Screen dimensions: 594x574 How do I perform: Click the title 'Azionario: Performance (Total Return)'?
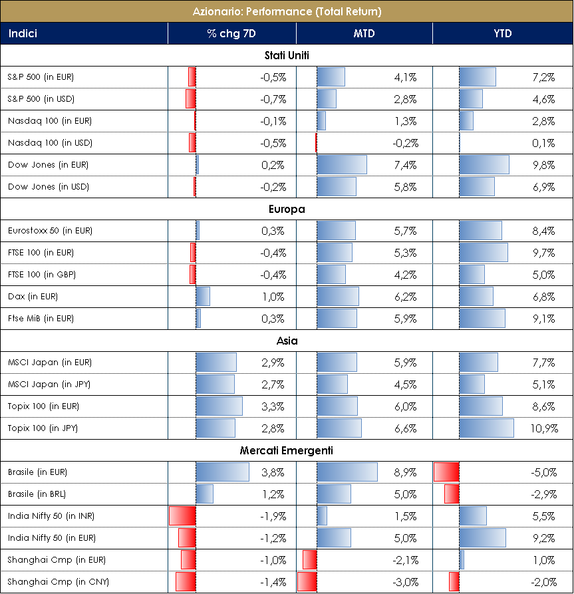point(287,11)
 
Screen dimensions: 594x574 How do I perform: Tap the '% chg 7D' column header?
point(231,33)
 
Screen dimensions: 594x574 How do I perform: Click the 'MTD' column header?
point(364,33)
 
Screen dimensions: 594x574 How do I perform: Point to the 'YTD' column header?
point(503,33)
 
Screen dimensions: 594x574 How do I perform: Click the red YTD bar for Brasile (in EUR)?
point(446,472)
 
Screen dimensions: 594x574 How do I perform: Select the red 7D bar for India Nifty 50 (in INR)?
point(182,516)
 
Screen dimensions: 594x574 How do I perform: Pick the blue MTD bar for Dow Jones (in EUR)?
point(342,165)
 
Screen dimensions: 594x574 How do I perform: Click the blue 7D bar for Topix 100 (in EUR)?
point(219,406)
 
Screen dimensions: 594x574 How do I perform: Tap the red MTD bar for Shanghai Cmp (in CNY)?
point(307,582)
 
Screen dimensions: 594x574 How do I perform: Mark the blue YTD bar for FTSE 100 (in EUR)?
point(484,253)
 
